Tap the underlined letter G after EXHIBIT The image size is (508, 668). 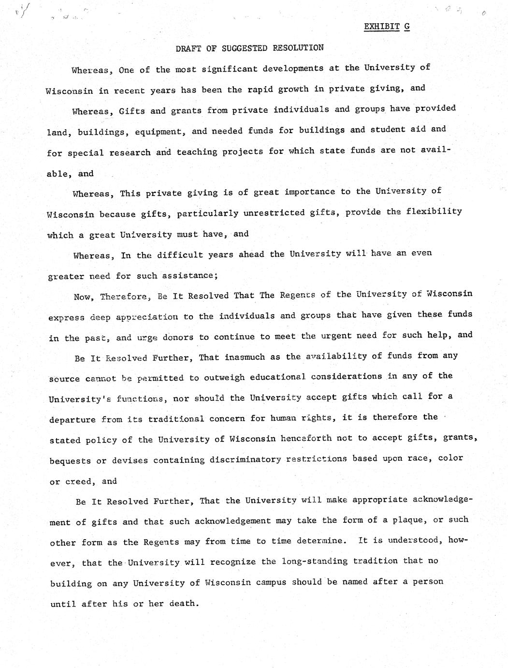[x=407, y=27]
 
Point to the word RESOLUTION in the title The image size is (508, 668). [x=298, y=47]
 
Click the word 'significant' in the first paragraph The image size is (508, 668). [x=229, y=69]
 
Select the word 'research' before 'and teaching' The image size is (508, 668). [x=130, y=152]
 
